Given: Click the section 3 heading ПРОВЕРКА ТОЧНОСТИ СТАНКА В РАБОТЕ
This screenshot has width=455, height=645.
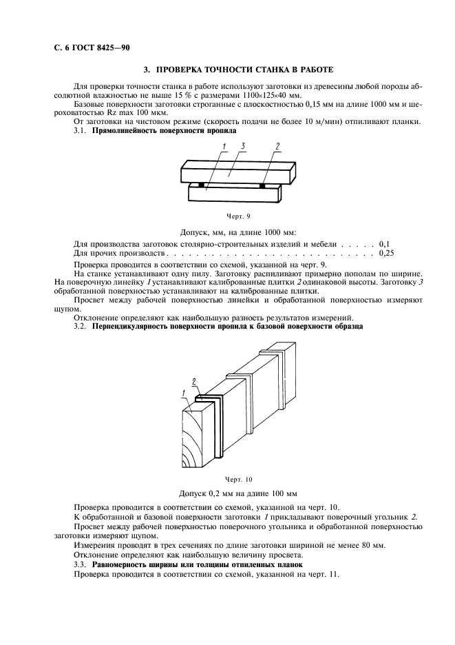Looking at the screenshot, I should [237, 70].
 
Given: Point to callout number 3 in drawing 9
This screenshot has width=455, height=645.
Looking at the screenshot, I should [243, 146].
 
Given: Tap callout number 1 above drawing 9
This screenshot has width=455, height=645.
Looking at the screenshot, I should [225, 146].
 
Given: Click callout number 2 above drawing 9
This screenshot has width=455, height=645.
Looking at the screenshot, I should [277, 146].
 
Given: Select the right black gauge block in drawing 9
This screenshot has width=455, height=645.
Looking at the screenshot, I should [263, 185].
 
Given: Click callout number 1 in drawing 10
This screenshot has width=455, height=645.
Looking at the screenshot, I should [184, 392].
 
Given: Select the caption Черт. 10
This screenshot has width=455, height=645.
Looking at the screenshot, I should [238, 479].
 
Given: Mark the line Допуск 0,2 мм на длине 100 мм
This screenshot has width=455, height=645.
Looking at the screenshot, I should [237, 493].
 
